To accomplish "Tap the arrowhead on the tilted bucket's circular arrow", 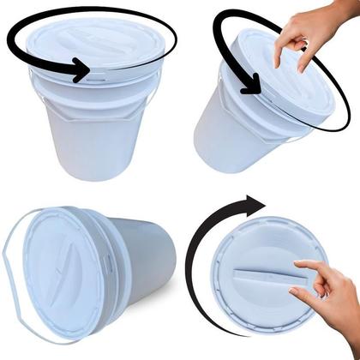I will (x=250, y=85).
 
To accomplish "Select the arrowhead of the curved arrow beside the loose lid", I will (x=256, y=205).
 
